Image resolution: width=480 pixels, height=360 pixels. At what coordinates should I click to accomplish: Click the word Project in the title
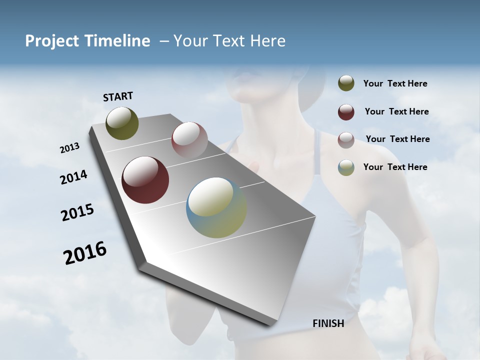coord(51,41)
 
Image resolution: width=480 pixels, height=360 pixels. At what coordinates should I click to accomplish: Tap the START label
coord(118,96)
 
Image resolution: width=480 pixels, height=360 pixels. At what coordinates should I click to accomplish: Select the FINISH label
coord(328,323)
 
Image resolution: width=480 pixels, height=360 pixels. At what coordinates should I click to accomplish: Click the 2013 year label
coord(70,148)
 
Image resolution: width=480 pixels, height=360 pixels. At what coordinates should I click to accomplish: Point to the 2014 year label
coord(74,177)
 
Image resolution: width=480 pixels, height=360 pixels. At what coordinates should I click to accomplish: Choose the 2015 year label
coord(77,212)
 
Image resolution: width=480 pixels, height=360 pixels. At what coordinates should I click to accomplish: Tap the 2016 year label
coord(85,253)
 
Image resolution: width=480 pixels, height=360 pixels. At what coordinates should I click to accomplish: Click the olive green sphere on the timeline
coord(122,123)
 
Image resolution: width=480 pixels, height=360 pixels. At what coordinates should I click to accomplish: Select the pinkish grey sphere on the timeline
coord(189,139)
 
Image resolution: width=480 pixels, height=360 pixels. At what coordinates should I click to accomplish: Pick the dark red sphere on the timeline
coord(145,180)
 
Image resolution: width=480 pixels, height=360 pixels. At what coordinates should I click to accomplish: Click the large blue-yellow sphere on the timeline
coord(216,207)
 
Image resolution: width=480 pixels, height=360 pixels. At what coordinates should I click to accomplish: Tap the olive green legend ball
coord(346,83)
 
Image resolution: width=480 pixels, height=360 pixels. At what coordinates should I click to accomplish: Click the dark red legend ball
coord(346,112)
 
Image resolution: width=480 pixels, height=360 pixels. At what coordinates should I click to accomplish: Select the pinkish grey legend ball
coord(346,140)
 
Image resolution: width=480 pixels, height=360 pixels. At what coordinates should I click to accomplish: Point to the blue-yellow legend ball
coord(346,168)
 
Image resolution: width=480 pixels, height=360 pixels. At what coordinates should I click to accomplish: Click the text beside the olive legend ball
coord(395,84)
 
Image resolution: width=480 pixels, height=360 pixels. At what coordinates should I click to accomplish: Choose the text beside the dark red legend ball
coord(397,111)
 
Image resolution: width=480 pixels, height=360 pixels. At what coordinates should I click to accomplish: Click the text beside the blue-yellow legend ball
coord(395,167)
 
